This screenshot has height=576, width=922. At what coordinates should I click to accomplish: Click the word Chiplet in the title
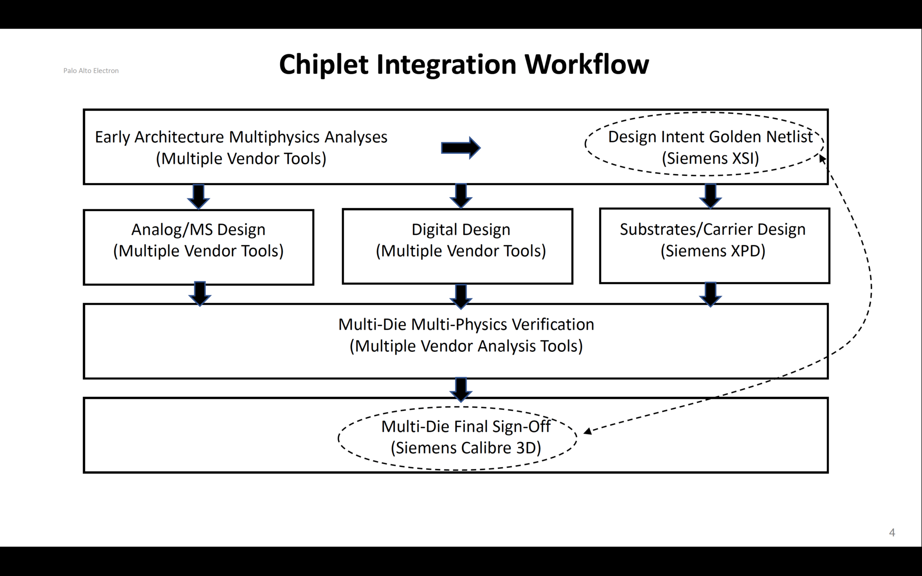(324, 64)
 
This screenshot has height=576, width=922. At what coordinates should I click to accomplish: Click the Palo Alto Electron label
(91, 71)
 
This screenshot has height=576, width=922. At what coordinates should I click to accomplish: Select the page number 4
(892, 533)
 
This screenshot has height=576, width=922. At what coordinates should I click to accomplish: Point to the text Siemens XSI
(710, 158)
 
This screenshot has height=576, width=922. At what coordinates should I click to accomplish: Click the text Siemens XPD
(713, 251)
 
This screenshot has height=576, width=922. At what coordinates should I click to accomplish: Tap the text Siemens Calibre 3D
(466, 448)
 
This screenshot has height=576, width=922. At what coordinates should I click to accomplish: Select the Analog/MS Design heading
(198, 229)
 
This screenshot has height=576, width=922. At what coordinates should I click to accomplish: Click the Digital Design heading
(461, 229)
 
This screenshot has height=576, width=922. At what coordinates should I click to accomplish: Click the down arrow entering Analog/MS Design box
(199, 196)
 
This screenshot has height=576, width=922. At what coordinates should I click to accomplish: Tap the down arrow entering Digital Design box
(461, 195)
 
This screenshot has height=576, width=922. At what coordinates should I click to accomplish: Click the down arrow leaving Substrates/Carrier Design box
(710, 294)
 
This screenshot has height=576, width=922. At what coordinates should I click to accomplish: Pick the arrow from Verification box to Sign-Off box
(461, 389)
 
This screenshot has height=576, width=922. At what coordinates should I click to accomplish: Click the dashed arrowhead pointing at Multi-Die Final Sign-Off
(588, 431)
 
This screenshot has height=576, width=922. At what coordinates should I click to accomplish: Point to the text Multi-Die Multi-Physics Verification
(466, 324)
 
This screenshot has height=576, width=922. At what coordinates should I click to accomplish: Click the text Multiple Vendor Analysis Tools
(466, 346)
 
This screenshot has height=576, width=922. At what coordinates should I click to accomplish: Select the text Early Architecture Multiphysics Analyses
(241, 137)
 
